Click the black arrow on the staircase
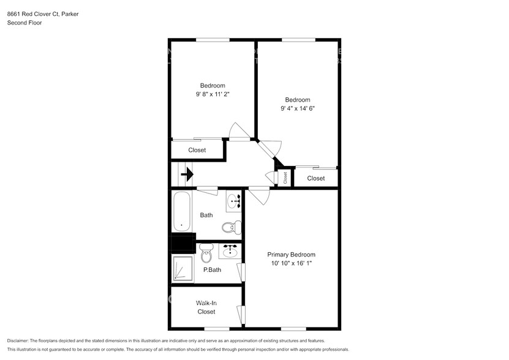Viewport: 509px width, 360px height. pyautogui.click(x=187, y=175)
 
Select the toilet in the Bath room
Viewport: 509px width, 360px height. pyautogui.click(x=228, y=227)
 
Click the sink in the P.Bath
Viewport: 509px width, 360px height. pyautogui.click(x=231, y=251)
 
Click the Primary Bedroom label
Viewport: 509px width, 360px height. pyautogui.click(x=291, y=255)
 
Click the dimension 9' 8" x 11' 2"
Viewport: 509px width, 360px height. pyautogui.click(x=213, y=94)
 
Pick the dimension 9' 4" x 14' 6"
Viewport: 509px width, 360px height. pyautogui.click(x=298, y=108)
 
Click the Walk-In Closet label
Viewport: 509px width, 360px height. pyautogui.click(x=206, y=307)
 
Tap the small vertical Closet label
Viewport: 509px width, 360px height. pyautogui.click(x=285, y=178)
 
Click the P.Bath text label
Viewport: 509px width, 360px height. pyautogui.click(x=212, y=270)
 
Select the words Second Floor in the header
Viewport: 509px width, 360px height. pyautogui.click(x=24, y=23)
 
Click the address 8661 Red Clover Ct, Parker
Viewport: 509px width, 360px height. pyautogui.click(x=42, y=13)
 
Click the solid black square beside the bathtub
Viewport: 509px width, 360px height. pyautogui.click(x=183, y=244)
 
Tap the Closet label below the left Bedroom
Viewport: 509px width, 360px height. pyautogui.click(x=197, y=150)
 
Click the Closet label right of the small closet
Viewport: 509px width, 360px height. pyautogui.click(x=316, y=178)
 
